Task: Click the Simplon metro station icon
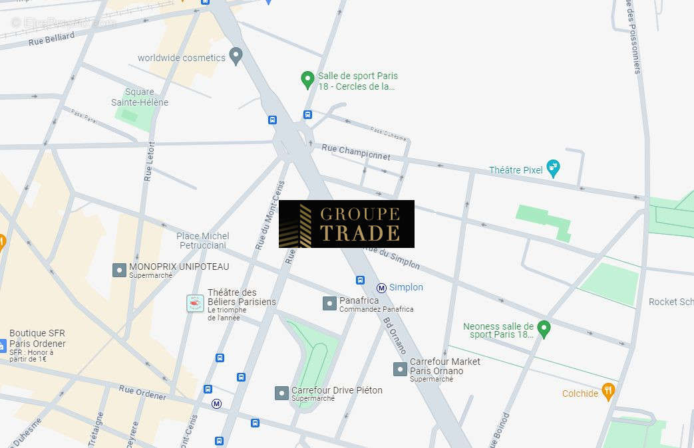click(381, 288)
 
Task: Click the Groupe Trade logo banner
click(346, 224)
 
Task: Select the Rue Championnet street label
click(355, 152)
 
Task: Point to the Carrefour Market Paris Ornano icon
click(399, 369)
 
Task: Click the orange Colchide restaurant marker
click(607, 392)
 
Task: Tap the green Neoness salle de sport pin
click(544, 328)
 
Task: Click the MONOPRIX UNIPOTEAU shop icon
click(119, 270)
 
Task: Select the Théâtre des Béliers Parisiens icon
click(194, 304)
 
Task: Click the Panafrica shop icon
click(329, 304)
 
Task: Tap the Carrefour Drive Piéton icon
click(281, 393)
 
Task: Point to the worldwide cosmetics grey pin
click(235, 56)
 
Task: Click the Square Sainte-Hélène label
click(140, 97)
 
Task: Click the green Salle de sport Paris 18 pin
click(307, 80)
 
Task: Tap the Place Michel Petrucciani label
click(203, 241)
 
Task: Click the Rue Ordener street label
click(142, 392)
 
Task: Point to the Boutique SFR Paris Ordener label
click(37, 338)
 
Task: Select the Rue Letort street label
click(150, 162)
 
